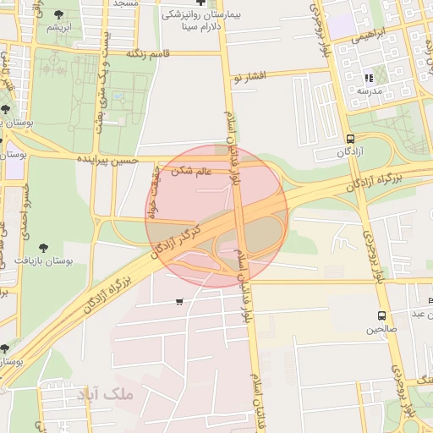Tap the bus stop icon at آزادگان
click(x=350, y=140)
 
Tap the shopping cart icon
click(x=178, y=302)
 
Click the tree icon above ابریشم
click(x=58, y=14)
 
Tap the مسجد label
click(x=125, y=3)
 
